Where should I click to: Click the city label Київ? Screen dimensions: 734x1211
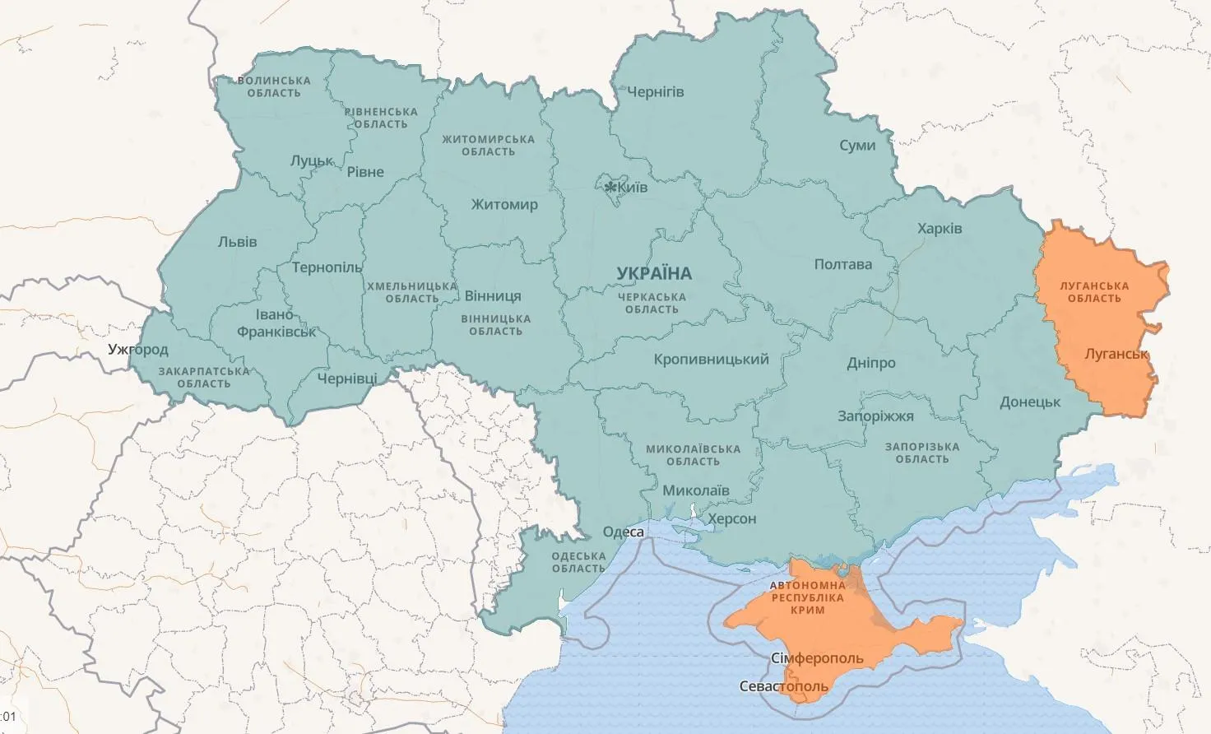click(x=632, y=187)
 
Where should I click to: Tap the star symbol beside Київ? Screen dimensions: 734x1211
click(x=610, y=188)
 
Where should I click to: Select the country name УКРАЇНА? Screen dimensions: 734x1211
click(x=654, y=273)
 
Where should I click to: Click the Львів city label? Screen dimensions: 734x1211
click(x=237, y=242)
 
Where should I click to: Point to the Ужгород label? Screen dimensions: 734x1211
click(x=137, y=349)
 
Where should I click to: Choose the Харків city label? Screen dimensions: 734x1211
click(x=940, y=228)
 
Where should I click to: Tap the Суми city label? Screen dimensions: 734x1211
click(x=857, y=145)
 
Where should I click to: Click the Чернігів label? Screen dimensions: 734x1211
click(x=655, y=91)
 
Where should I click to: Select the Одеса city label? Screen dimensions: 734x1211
click(x=623, y=532)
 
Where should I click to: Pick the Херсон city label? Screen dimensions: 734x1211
click(x=731, y=518)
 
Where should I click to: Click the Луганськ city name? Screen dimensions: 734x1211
click(x=1116, y=354)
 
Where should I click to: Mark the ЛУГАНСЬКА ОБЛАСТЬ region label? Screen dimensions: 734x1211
click(x=1094, y=292)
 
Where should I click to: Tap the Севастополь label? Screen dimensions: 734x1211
click(x=783, y=685)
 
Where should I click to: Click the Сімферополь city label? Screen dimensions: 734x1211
click(x=817, y=658)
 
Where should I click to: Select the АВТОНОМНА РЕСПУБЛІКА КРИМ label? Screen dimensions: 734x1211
click(x=807, y=597)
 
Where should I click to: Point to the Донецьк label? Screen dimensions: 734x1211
click(x=1030, y=402)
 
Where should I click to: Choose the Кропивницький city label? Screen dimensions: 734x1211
click(x=711, y=359)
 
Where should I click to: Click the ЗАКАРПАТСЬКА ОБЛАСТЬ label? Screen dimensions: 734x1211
click(x=203, y=377)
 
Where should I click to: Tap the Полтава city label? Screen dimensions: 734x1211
click(x=842, y=264)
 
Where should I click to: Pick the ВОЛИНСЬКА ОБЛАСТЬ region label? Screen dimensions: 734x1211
click(x=274, y=86)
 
